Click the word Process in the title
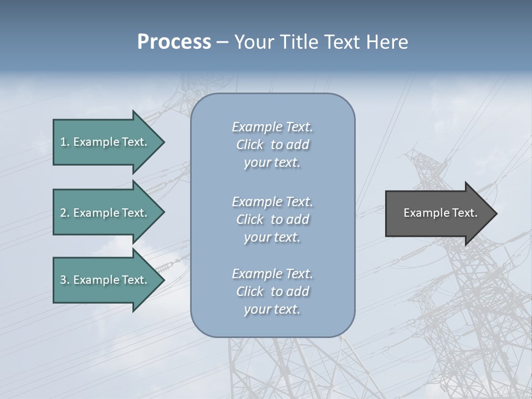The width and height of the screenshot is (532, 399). pyautogui.click(x=174, y=42)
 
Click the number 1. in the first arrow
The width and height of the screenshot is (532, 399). pyautogui.click(x=65, y=142)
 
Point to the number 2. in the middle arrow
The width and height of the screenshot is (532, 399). pyautogui.click(x=65, y=213)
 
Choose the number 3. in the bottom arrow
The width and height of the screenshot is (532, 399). pyautogui.click(x=65, y=280)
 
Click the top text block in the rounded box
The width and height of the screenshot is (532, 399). pyautogui.click(x=272, y=145)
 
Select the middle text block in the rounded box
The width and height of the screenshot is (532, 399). pyautogui.click(x=272, y=219)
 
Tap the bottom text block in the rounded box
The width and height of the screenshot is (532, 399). pyautogui.click(x=272, y=291)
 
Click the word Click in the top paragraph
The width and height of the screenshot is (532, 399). pyautogui.click(x=250, y=145)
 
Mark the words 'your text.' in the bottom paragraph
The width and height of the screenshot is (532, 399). pyautogui.click(x=272, y=310)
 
